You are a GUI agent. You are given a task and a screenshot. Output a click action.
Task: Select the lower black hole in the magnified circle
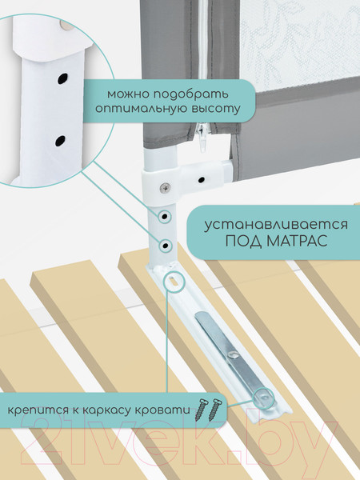pos(59,142)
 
